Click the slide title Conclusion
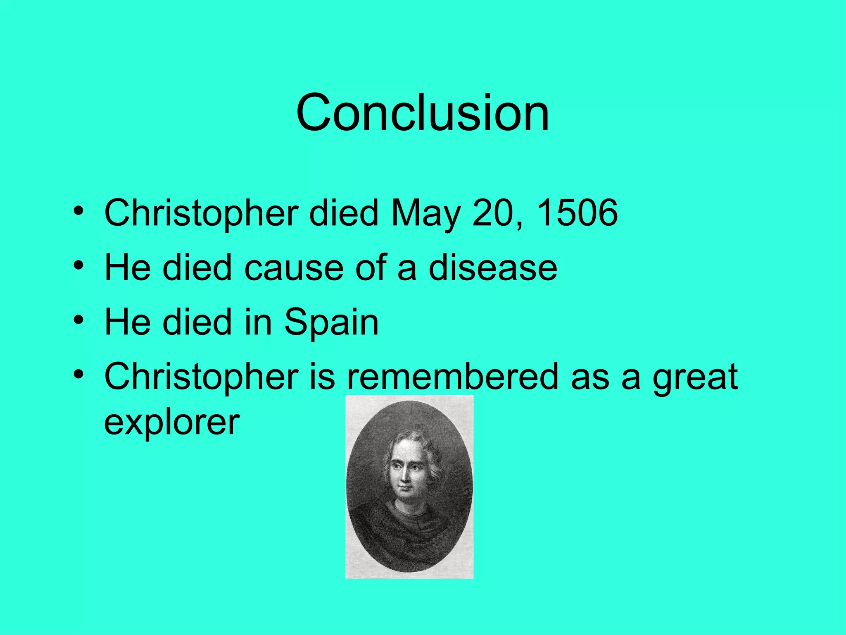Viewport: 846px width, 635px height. pos(423,112)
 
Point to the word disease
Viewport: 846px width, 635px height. pos(493,267)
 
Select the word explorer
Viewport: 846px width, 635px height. pos(172,423)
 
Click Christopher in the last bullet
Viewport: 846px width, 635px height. pos(201,377)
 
